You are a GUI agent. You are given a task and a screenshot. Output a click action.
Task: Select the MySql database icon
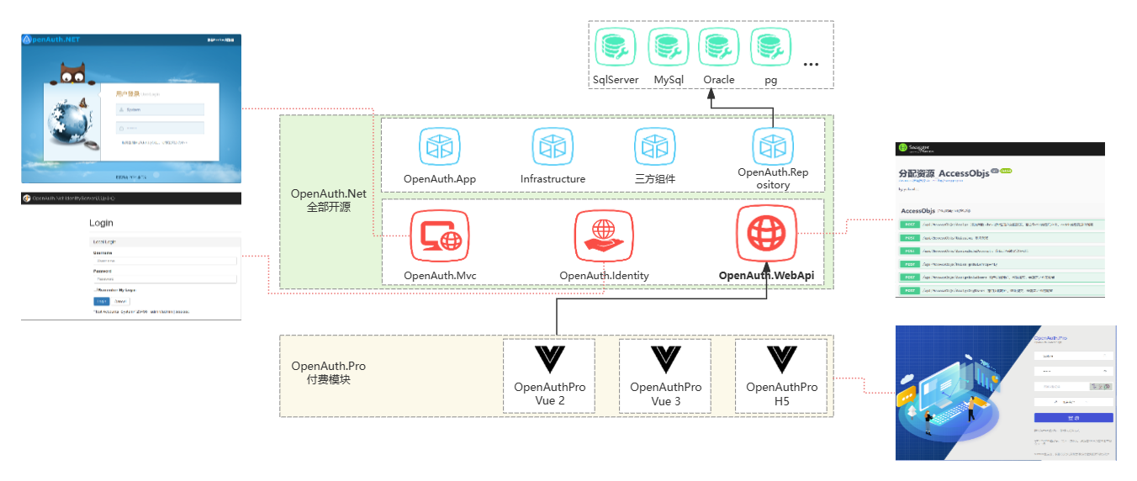(x=669, y=48)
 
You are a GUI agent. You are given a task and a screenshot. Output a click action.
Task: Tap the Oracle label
(x=719, y=80)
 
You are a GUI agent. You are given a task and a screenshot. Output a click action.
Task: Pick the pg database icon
(x=770, y=48)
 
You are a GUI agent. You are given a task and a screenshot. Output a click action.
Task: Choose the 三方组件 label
(x=655, y=179)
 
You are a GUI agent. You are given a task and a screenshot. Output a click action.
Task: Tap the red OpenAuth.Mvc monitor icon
(x=440, y=238)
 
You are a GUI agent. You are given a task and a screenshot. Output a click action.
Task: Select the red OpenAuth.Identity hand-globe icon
(x=604, y=238)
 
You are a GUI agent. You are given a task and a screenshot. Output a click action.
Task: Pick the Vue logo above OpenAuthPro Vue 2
(x=550, y=359)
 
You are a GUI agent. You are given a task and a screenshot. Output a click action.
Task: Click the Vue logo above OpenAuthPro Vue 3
(x=665, y=359)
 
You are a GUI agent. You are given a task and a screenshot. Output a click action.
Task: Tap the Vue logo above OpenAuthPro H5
(x=782, y=359)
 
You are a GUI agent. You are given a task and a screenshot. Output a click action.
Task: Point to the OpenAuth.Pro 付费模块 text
(x=329, y=373)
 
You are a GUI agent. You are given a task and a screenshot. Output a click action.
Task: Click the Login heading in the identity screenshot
(x=101, y=223)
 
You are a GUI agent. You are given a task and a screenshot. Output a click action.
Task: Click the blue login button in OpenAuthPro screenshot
(x=1073, y=418)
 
